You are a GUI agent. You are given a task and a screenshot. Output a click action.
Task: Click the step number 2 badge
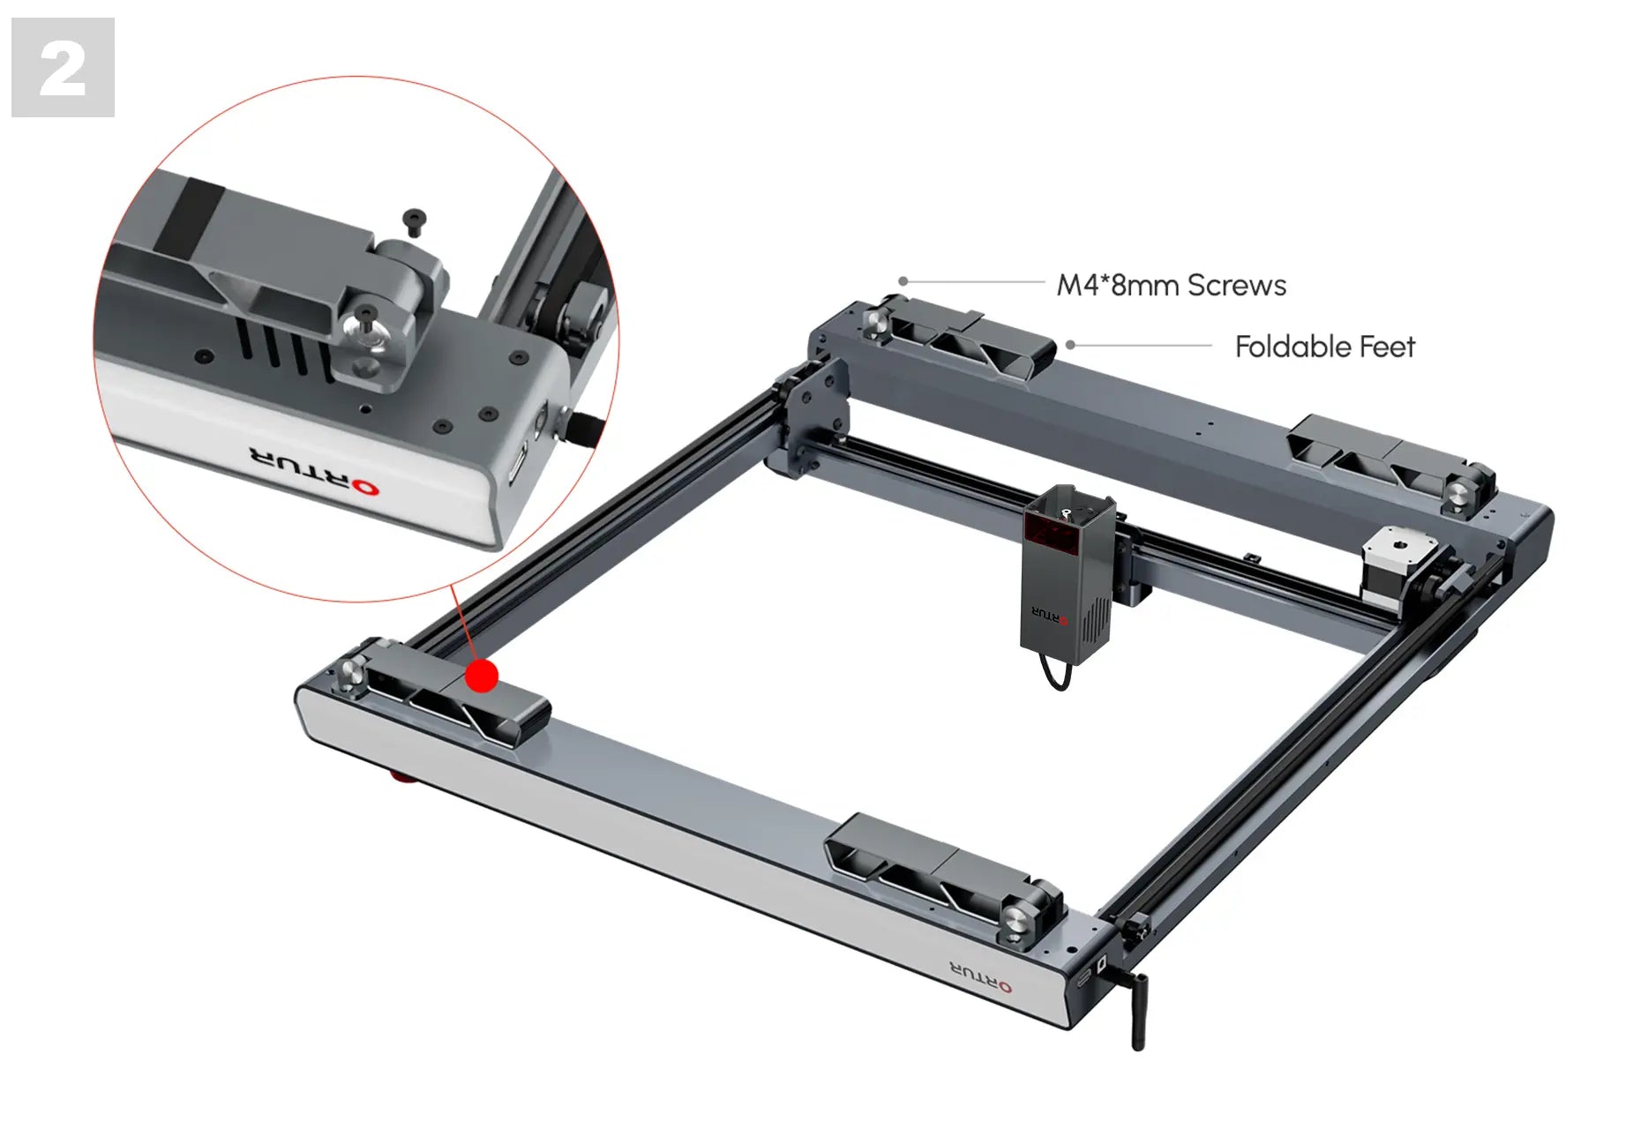pos(63,67)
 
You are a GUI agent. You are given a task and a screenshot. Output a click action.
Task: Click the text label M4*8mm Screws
pos(1172,285)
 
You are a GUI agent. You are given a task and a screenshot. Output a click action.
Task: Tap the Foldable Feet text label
pos(1324,347)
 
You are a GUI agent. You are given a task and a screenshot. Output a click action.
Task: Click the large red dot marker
pos(482,676)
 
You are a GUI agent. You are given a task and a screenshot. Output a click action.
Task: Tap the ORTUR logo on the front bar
pos(981,976)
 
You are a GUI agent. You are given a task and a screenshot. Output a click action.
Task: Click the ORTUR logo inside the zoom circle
pos(314,471)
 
